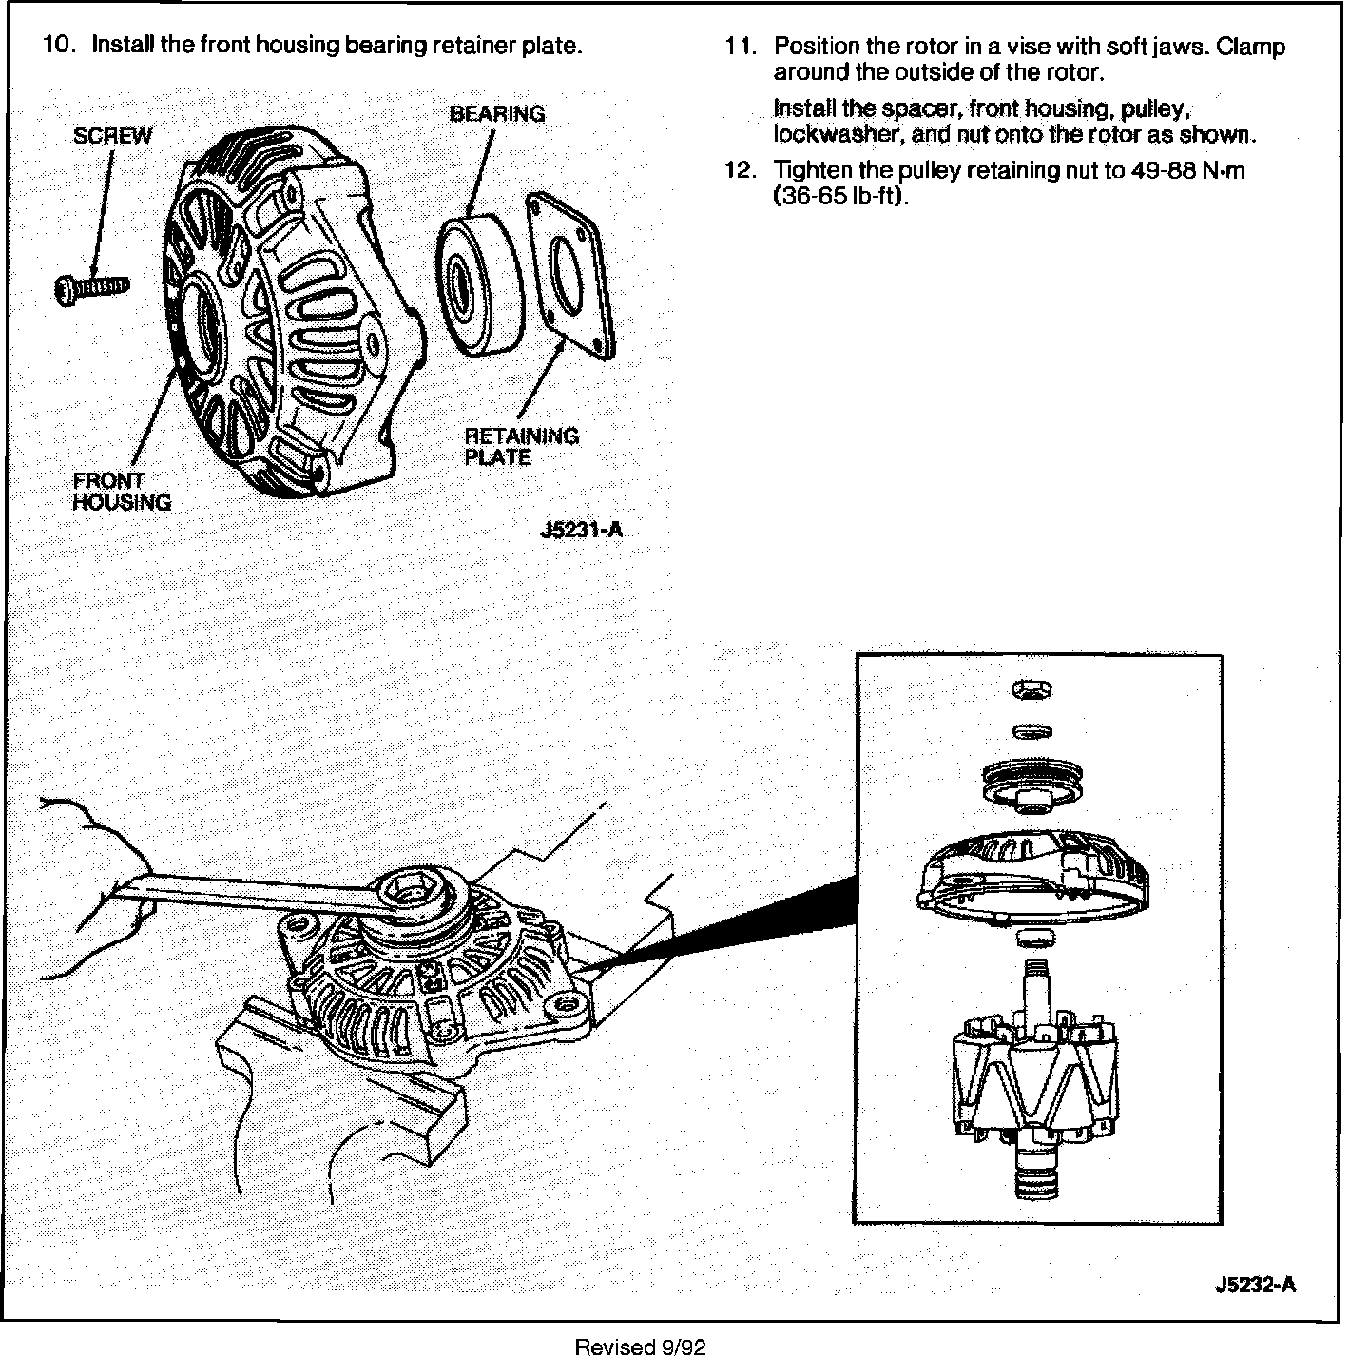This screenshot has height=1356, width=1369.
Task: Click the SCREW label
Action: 112,135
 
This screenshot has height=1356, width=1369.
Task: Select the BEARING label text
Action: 496,114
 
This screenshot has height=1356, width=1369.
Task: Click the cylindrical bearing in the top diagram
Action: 477,285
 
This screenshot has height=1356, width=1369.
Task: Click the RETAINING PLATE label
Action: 520,446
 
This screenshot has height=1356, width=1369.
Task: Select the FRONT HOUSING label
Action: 122,491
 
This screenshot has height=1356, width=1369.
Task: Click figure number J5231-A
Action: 580,530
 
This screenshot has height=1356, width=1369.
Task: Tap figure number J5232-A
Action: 1255,1285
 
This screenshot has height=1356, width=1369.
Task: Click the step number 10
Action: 59,46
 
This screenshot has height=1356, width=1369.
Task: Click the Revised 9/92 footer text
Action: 641,1346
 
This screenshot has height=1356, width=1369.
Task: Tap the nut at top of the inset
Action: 1032,689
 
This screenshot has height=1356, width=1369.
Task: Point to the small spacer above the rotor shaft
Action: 1033,940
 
